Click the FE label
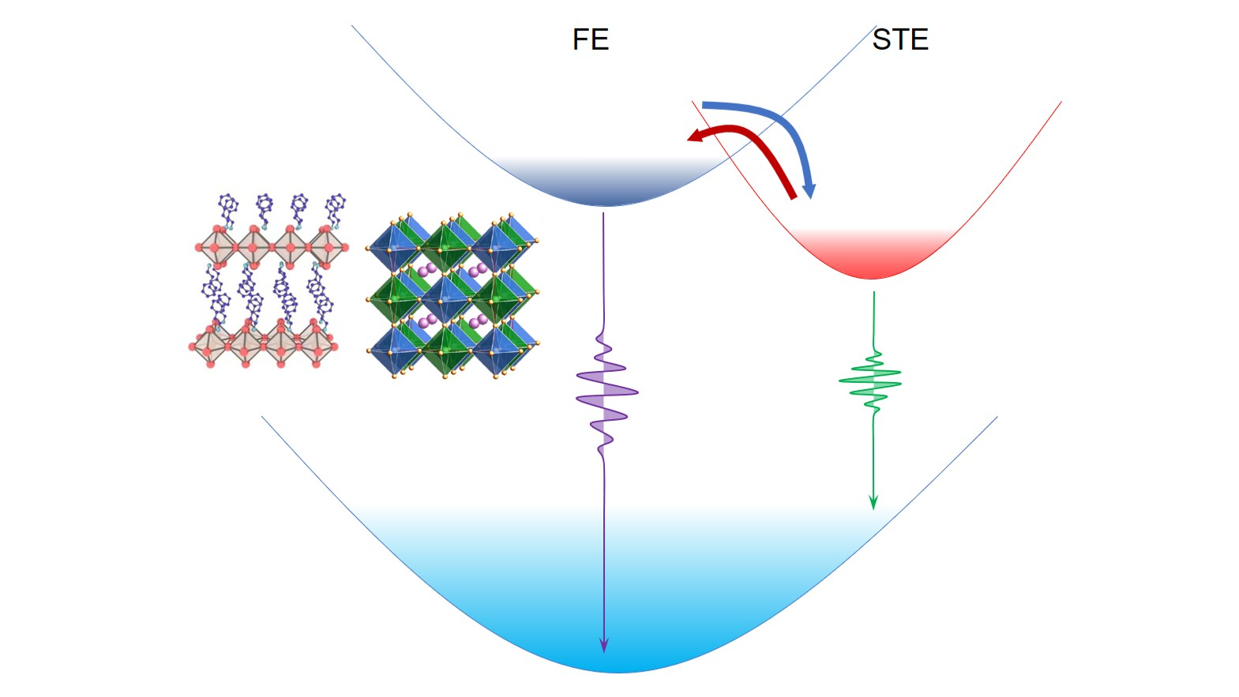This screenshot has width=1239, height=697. pos(591,39)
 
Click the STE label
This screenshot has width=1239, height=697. pos(900,39)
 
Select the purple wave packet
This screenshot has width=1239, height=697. pos(605,392)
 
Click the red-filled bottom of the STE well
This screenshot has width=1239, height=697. pos(870,257)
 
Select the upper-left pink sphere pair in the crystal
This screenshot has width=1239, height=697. pos(427,271)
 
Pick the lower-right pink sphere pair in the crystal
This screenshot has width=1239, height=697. pos(478,320)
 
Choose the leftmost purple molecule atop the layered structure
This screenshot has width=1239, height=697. pos(227,209)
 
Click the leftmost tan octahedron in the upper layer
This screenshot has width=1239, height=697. pos(215,246)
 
